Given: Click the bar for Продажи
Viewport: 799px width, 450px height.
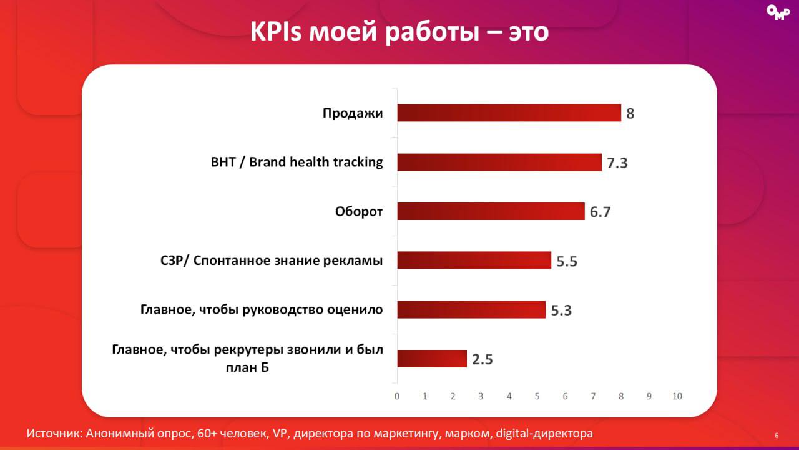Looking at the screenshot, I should coord(509,113).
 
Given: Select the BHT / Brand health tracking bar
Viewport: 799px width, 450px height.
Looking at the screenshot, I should coord(499,162).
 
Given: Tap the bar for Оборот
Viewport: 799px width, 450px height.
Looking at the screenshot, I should coord(491,211).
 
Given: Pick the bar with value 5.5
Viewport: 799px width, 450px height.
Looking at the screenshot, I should coord(474,261).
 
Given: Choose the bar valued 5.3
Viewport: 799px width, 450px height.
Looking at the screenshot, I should coord(471,309).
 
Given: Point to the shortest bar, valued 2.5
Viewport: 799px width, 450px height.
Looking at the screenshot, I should coord(432,359).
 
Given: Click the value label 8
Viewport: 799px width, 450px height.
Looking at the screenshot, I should coord(630,114).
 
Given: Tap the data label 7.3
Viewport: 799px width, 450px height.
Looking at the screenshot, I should coord(617,163).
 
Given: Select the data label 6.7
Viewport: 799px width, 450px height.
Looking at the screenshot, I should coord(600,212).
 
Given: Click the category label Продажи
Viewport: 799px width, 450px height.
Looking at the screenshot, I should coord(352,113).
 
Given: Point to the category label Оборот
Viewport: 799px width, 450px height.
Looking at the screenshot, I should coord(358,211).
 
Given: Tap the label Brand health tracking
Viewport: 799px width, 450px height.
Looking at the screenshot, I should coord(316,162).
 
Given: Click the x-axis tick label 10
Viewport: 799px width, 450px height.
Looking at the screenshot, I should coord(677,396).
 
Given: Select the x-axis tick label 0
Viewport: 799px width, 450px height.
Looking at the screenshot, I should coord(397,396).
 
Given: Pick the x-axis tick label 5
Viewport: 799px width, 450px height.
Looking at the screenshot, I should coord(537,396).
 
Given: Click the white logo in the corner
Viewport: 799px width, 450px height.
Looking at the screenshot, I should coord(778,13).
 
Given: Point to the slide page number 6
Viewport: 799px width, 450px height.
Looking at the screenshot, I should coord(776,436).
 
